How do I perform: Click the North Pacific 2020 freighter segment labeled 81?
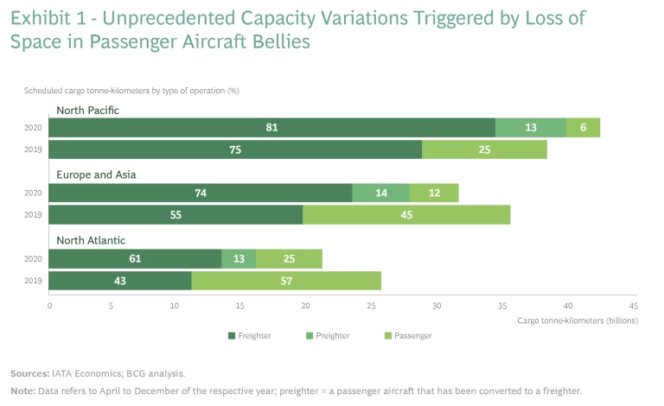[271, 128]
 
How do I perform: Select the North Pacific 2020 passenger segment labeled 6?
[583, 128]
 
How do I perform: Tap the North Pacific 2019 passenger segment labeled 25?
[484, 149]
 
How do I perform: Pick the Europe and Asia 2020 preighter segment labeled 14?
[380, 193]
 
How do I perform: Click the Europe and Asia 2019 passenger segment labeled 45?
[406, 214]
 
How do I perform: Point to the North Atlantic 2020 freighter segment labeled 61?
[135, 258]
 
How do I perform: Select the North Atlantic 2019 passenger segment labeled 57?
[286, 280]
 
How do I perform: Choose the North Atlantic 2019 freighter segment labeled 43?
[120, 280]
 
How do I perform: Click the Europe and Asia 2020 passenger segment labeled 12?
[434, 193]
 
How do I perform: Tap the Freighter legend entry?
[253, 335]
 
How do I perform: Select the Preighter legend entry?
[331, 335]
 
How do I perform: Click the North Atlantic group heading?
[88, 239]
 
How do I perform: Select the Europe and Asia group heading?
[96, 174]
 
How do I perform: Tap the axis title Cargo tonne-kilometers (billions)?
[578, 320]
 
